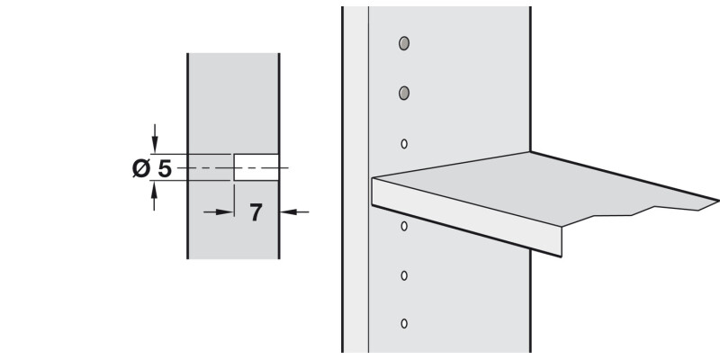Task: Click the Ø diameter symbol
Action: [141, 168]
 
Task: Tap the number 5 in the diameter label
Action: [165, 169]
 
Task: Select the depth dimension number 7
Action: [256, 212]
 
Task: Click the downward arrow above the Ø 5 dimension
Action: [155, 139]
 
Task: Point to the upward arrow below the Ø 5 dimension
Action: [154, 196]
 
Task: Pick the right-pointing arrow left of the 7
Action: [219, 212]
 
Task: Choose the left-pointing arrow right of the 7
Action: [294, 212]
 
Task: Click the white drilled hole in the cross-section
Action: [256, 167]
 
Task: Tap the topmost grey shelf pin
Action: [404, 43]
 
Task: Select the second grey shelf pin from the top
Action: [404, 94]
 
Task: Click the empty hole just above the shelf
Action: [404, 144]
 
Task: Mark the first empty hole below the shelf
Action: [404, 226]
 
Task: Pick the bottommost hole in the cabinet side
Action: [404, 323]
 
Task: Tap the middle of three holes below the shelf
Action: [404, 275]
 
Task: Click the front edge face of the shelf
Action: [466, 216]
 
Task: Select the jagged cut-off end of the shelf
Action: [643, 212]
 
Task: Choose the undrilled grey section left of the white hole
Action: [210, 167]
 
